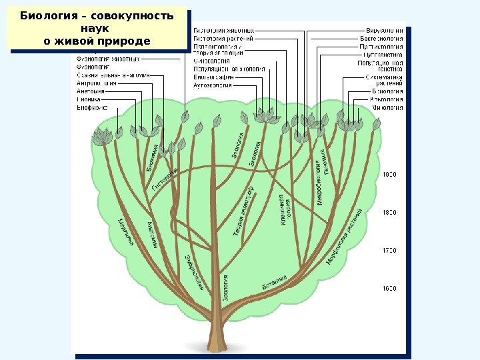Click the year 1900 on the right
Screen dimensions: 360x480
(389, 174)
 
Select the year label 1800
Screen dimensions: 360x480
(389, 212)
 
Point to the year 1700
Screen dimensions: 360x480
(389, 251)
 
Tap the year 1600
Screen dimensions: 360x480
(389, 289)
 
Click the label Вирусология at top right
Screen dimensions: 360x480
(385, 30)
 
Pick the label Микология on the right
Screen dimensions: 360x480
(387, 107)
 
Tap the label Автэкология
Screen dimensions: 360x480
(213, 85)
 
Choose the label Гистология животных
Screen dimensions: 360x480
(223, 30)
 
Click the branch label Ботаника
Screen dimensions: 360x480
(274, 282)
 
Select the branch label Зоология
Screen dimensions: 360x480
(226, 289)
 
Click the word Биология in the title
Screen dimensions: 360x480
(47, 16)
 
